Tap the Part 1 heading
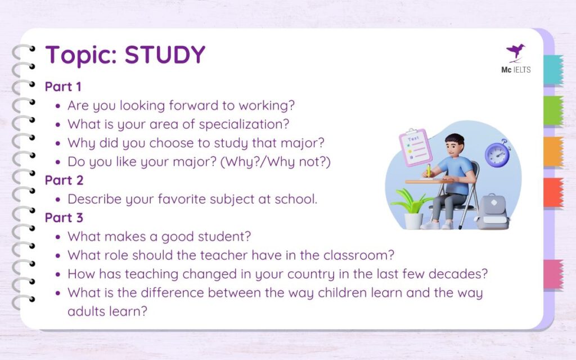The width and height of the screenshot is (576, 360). (63, 87)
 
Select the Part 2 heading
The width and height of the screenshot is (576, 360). (63, 180)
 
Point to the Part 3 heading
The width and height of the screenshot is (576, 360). (63, 218)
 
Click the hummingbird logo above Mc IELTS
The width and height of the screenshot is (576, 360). (515, 52)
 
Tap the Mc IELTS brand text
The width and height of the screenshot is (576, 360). (516, 70)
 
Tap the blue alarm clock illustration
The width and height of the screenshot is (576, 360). (497, 154)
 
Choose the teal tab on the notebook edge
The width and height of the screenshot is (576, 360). (553, 70)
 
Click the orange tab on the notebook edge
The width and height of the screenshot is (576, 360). (553, 151)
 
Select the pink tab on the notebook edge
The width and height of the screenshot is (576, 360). (553, 274)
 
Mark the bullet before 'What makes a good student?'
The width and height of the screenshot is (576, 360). (59, 237)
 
